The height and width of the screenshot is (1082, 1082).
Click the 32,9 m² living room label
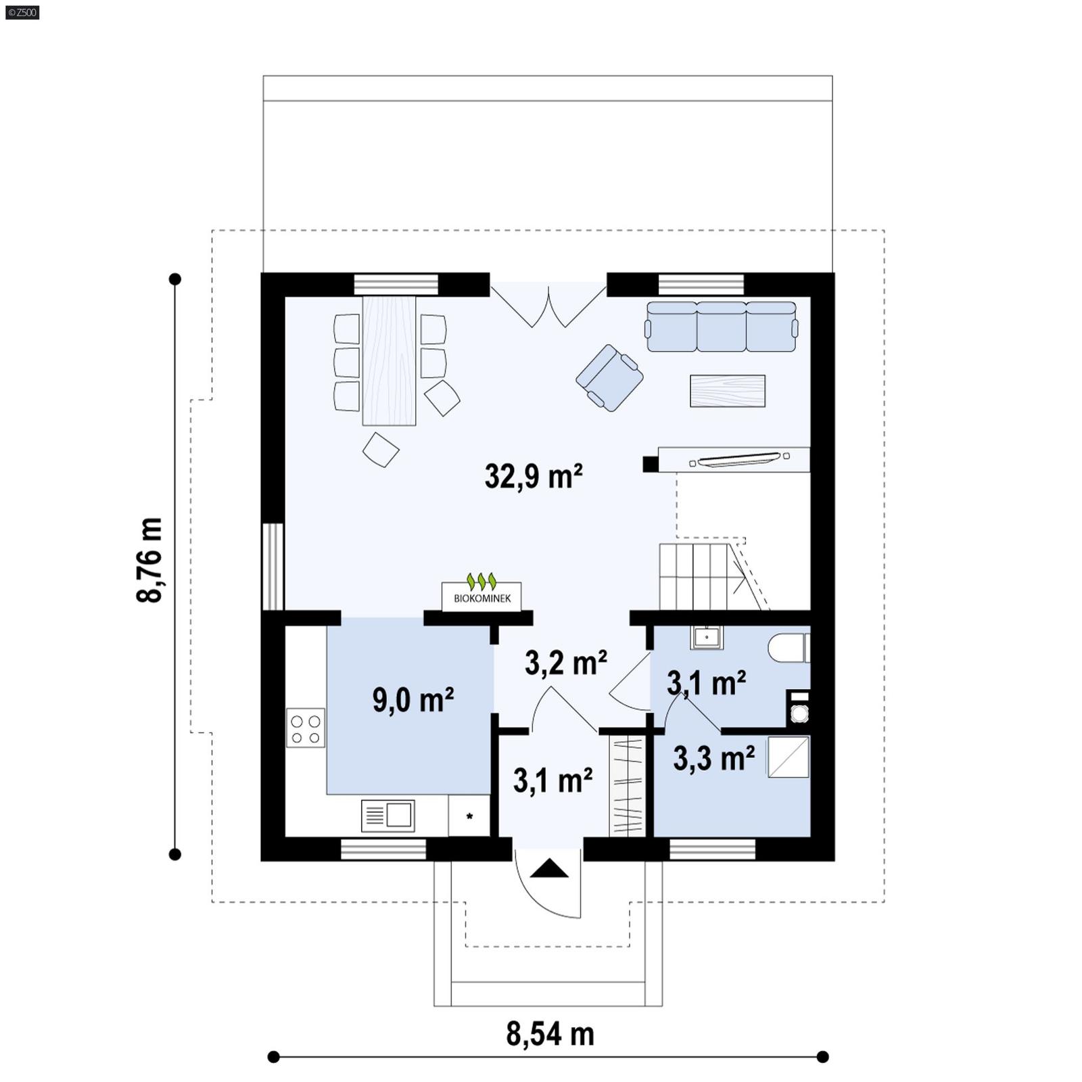pos(534,477)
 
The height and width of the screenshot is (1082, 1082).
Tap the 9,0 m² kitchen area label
pos(413,699)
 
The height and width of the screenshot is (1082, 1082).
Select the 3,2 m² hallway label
pos(565,663)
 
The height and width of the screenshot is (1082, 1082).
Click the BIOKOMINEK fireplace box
pos(481,596)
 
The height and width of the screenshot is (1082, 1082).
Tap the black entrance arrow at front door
pos(548,868)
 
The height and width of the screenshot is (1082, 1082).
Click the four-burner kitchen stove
pos(306,728)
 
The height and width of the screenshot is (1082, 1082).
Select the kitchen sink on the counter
pos(387,816)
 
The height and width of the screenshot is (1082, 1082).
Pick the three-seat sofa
pos(722,327)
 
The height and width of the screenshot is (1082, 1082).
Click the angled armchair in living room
pos(609,377)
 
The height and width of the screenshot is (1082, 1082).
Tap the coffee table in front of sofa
pos(727,391)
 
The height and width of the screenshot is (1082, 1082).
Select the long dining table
pos(389,360)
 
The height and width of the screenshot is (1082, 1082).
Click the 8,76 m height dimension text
pos(150,560)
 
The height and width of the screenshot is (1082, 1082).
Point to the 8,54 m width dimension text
pos(550,1034)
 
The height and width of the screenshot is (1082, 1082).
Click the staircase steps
pos(695,576)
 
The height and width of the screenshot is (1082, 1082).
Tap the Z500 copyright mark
pos(22,11)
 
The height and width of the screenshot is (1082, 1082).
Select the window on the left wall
pos(273,567)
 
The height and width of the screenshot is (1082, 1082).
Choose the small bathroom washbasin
pos(707,637)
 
